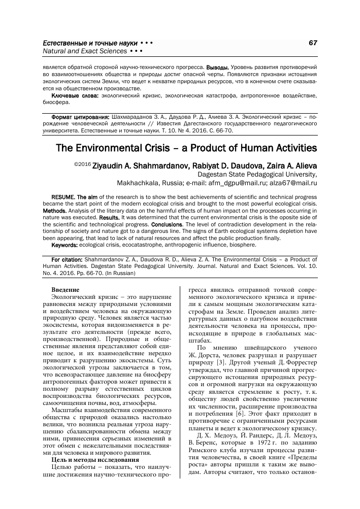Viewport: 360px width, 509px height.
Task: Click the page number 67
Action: [312, 43]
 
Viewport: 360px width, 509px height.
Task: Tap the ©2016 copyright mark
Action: [82, 164]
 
